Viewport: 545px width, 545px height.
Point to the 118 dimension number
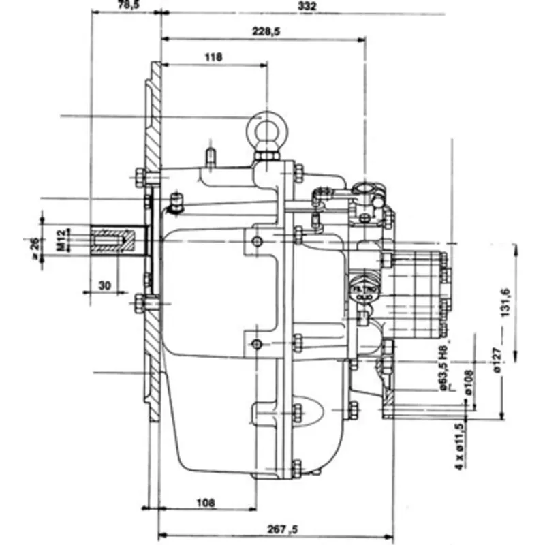(213, 58)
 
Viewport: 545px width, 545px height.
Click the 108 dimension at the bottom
(206, 503)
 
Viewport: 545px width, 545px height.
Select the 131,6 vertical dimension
(505, 299)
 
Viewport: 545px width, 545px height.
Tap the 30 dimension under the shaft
(103, 285)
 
